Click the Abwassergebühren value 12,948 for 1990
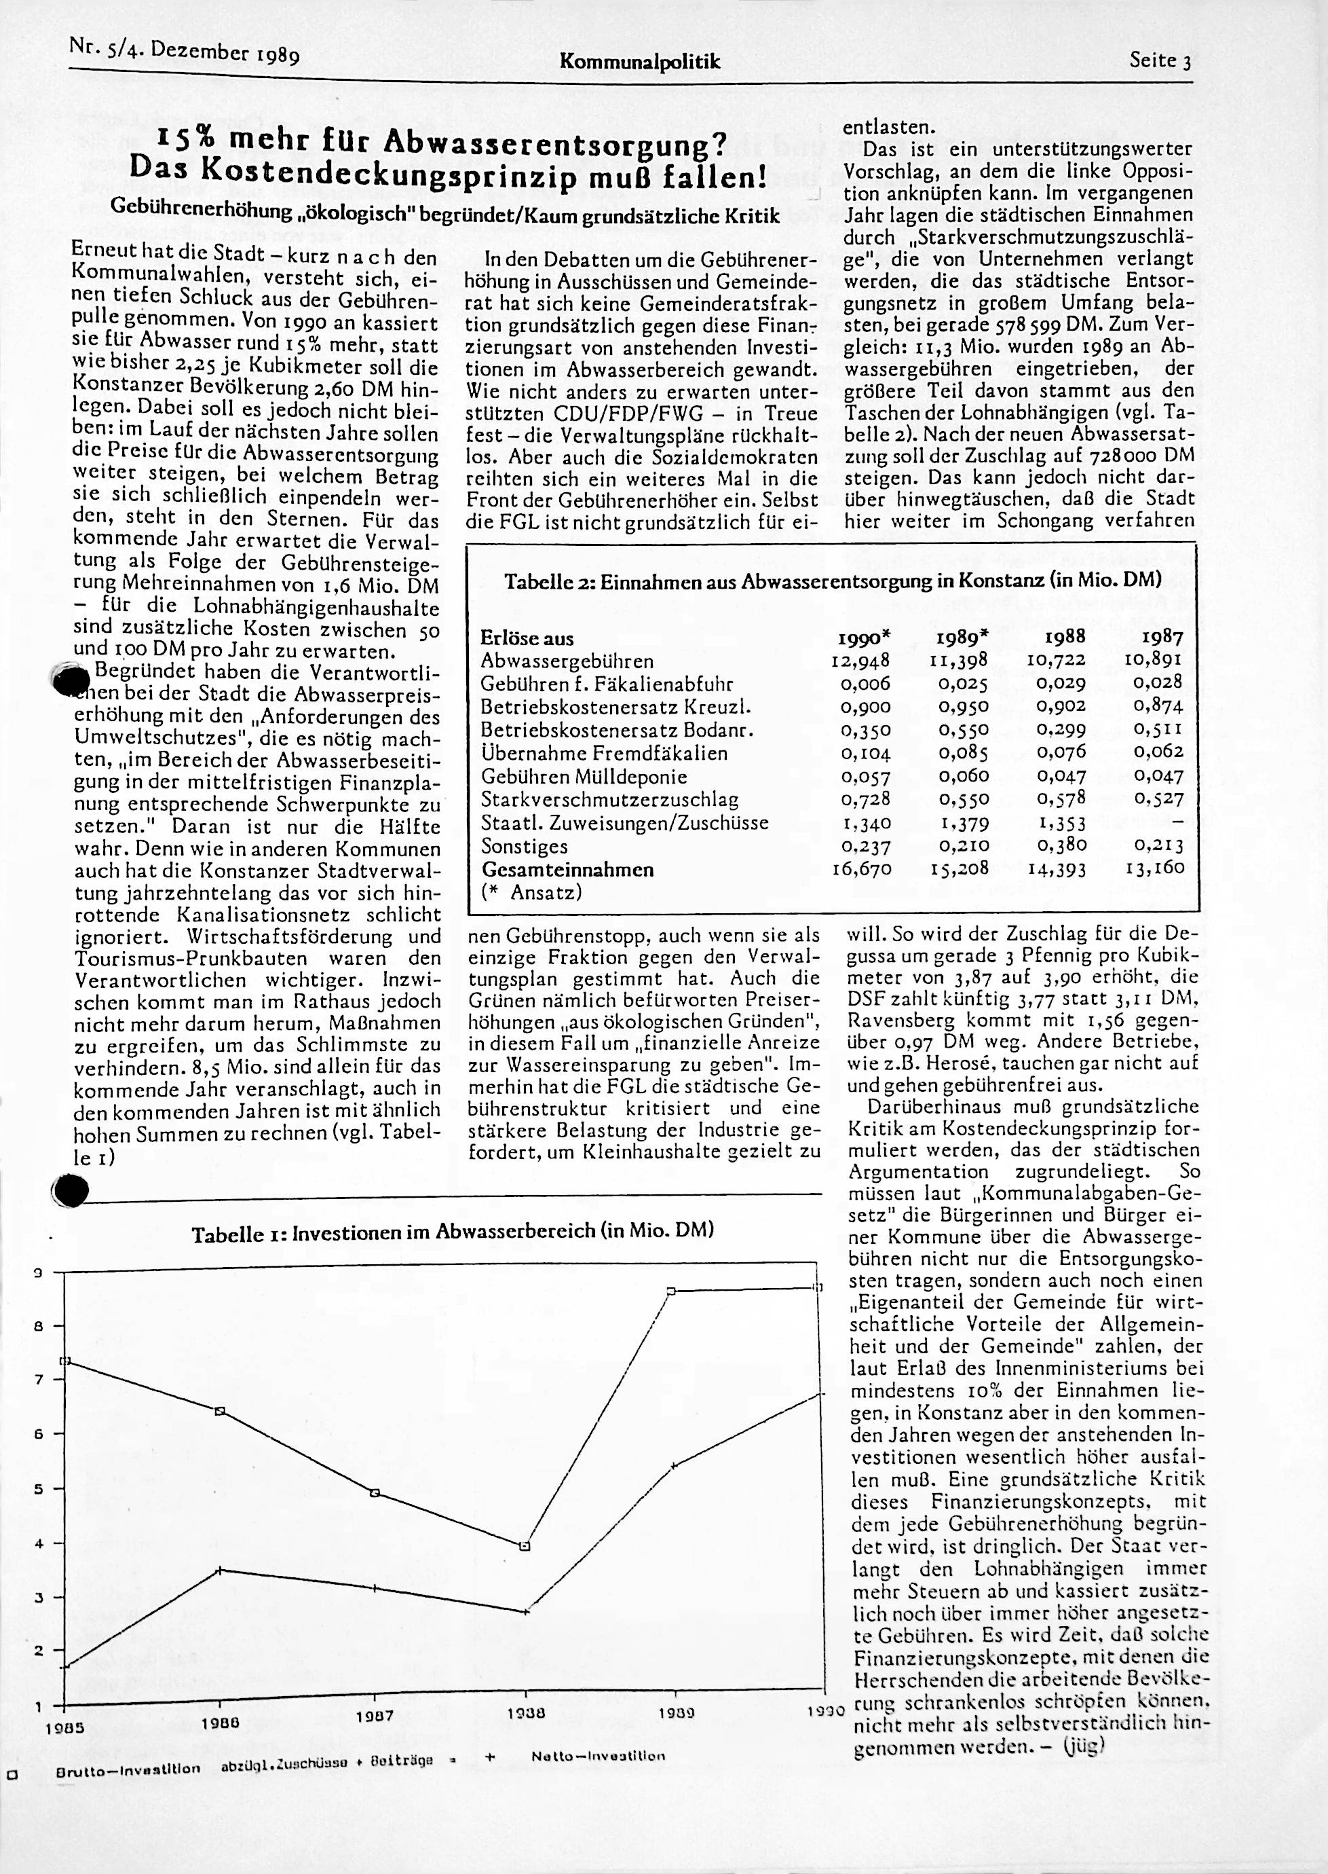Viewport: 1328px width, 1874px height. pos(860,659)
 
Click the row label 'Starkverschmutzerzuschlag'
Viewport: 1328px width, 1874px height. pos(609,799)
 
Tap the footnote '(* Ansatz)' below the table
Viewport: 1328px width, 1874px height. pos(531,892)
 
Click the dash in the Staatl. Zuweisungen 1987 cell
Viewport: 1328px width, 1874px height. pos(1175,822)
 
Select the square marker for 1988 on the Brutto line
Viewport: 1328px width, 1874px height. pos(525,1546)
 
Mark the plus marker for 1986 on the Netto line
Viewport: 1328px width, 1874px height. pos(220,1570)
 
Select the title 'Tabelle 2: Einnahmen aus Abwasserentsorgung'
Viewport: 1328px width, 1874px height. pos(833,582)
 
